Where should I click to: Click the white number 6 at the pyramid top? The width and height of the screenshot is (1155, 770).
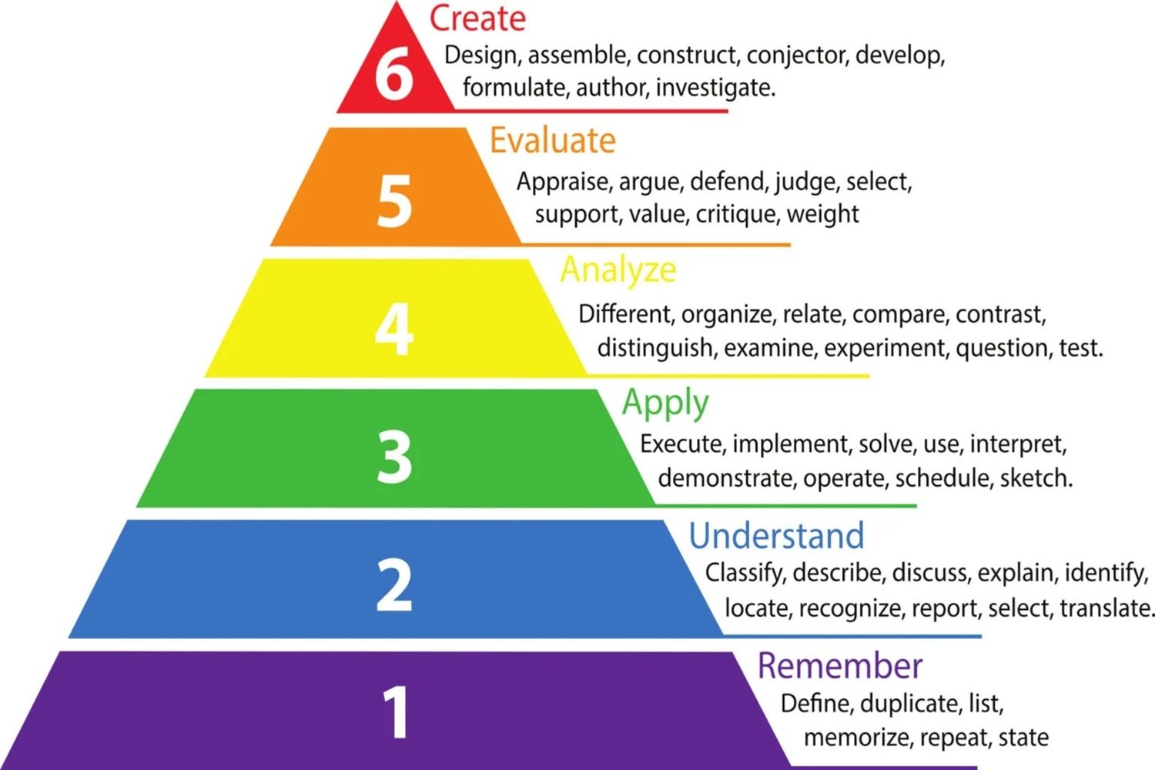coord(394,74)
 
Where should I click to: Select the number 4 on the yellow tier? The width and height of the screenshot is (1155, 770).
coord(394,329)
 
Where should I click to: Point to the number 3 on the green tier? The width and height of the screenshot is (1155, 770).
coord(394,457)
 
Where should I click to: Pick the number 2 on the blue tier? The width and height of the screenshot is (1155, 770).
coord(394,586)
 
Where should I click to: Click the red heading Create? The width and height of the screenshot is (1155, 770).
coord(477,18)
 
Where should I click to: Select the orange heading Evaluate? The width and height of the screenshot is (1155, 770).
coord(553,141)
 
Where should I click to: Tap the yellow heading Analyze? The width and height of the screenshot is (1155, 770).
coord(618,269)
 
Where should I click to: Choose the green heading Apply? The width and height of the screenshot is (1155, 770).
coord(665,403)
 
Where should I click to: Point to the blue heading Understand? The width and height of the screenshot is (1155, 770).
coord(776,536)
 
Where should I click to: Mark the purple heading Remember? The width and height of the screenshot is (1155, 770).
coord(839,666)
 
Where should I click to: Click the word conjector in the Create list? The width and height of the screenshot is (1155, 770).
coord(797,55)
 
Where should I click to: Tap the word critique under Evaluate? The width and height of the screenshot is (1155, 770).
coord(737,214)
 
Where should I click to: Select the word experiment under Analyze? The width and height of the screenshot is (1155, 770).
coord(885,348)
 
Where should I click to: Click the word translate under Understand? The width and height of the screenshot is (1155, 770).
coord(1107,608)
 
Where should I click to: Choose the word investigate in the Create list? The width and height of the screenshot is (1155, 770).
coord(715,88)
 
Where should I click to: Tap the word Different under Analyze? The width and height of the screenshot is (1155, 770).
coord(626,314)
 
